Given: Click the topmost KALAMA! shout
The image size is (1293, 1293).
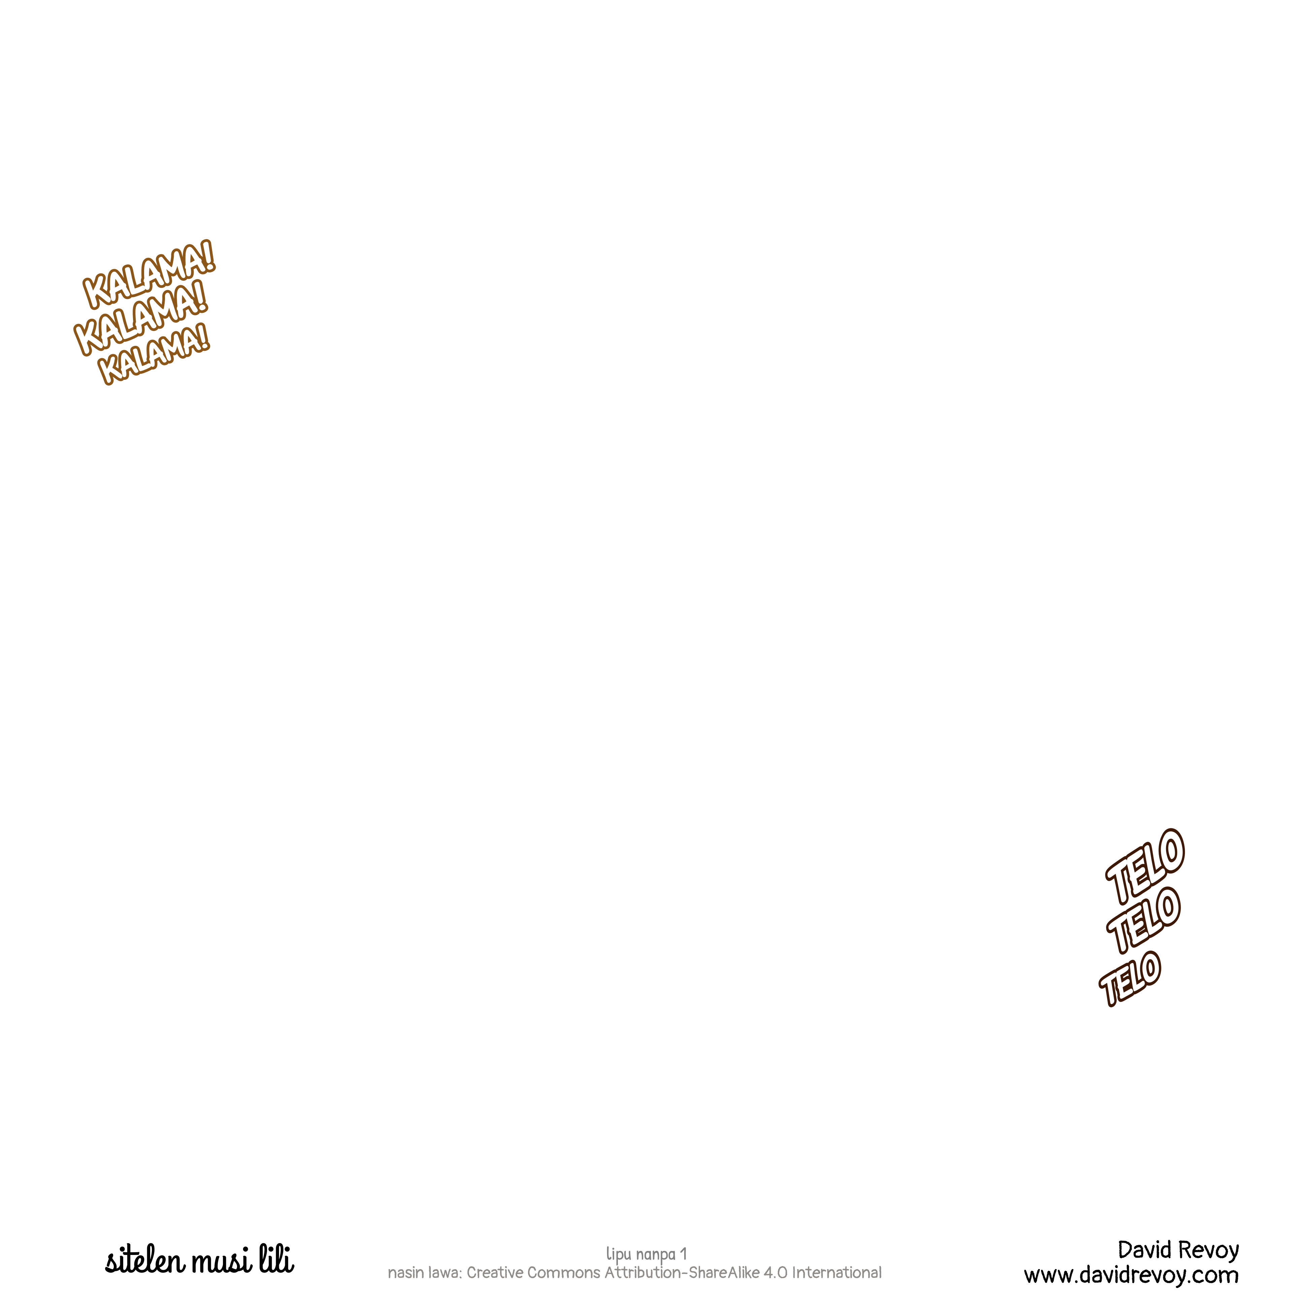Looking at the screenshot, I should [148, 274].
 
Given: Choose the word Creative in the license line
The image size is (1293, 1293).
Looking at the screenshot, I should [495, 1272].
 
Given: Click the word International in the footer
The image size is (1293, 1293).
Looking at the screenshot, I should [836, 1272].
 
